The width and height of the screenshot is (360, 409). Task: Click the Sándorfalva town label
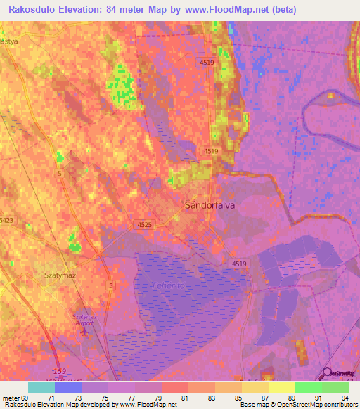click(x=209, y=206)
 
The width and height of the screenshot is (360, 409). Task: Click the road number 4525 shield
click(x=144, y=223)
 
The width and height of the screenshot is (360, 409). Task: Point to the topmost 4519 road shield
click(x=205, y=63)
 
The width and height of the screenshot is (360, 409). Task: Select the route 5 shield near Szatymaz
click(x=110, y=285)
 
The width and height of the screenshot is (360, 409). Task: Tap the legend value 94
click(x=344, y=398)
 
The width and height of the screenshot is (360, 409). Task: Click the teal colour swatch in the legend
click(x=41, y=387)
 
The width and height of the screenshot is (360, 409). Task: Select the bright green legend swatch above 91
click(x=308, y=387)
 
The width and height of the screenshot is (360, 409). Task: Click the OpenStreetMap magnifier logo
click(x=327, y=373)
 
